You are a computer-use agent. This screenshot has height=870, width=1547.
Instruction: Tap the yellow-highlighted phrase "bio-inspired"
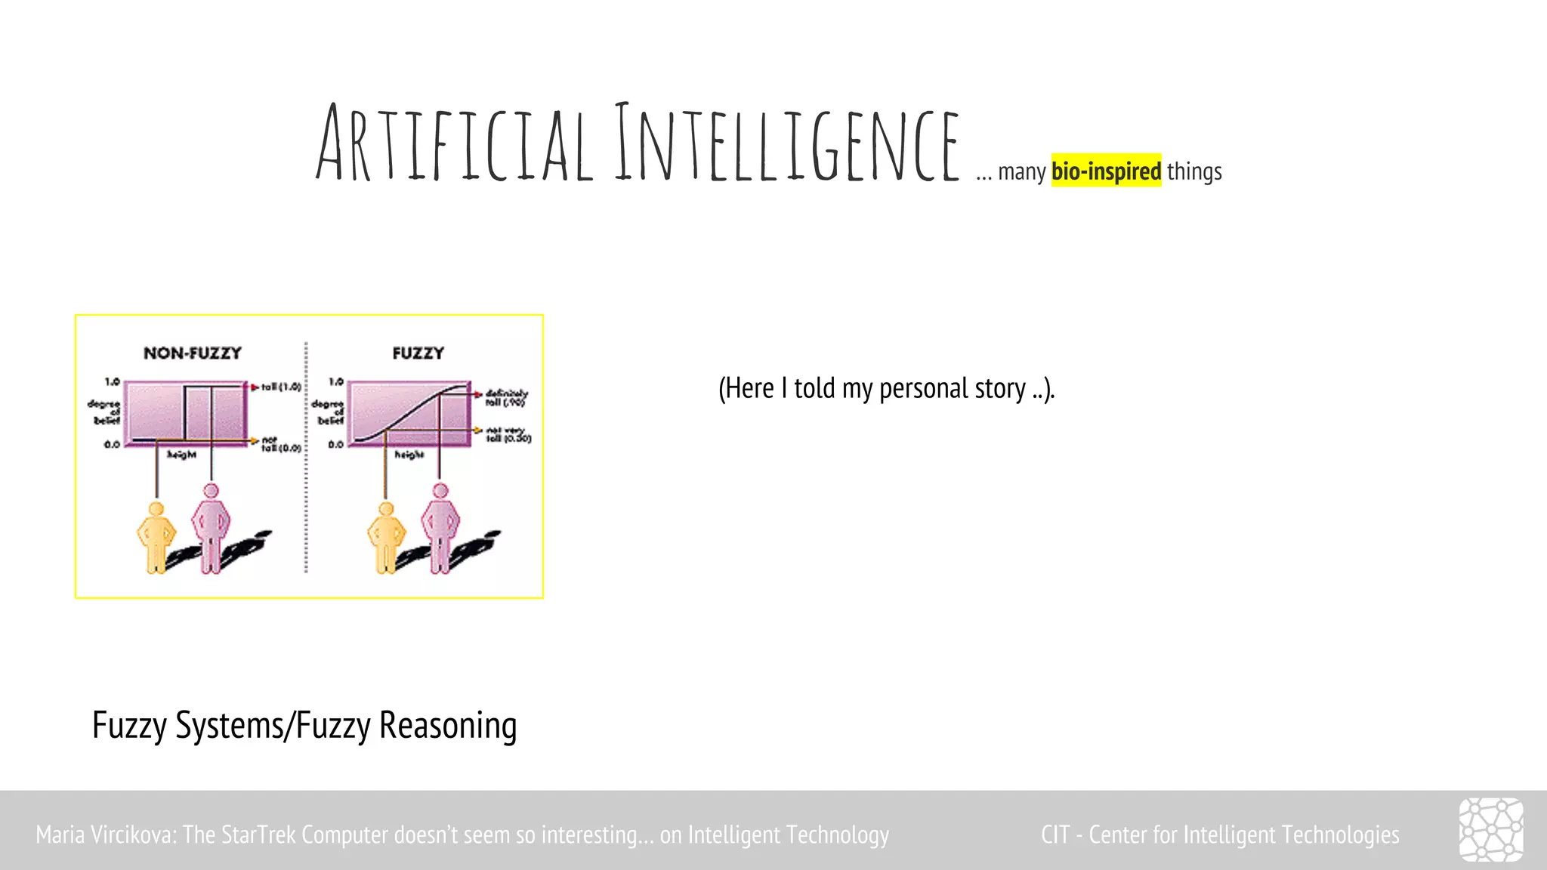(x=1106, y=171)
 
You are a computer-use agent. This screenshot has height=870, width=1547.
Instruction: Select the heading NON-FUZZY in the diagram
(x=193, y=353)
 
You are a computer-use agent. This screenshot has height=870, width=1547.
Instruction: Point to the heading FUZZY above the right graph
(x=418, y=353)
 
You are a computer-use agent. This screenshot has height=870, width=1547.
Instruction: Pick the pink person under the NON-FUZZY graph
(x=211, y=529)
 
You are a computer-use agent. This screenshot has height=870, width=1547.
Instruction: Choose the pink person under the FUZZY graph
(x=440, y=529)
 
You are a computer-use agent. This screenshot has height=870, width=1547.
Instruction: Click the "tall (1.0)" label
(x=281, y=387)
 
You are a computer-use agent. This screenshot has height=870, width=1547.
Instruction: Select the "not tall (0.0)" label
(x=280, y=444)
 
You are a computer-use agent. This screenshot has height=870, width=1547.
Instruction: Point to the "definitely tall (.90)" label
(x=506, y=398)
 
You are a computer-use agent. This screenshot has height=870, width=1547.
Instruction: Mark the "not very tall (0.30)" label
(x=508, y=434)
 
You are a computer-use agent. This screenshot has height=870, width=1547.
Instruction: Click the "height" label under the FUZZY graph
(x=409, y=455)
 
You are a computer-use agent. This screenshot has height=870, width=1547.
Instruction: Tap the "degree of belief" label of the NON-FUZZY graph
(x=105, y=412)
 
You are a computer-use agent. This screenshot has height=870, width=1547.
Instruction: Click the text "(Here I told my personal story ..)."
(x=886, y=389)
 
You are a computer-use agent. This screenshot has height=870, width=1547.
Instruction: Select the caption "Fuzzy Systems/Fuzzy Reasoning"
(x=304, y=726)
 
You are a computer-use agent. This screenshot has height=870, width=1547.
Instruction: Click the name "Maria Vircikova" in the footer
(x=105, y=835)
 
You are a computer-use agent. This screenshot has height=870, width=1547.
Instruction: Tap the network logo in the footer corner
(x=1491, y=829)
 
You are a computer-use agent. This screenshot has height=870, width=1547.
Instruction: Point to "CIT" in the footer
(x=1054, y=835)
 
